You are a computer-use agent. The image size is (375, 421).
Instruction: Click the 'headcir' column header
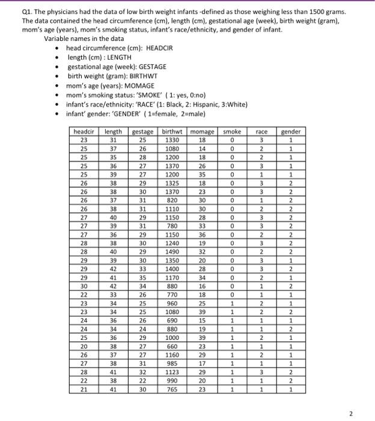pos(84,131)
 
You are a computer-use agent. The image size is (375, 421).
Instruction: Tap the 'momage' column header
pos(202,131)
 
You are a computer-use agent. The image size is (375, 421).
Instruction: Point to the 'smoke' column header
pos(232,131)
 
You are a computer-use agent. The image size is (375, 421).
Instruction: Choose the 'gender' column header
pos(291,131)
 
